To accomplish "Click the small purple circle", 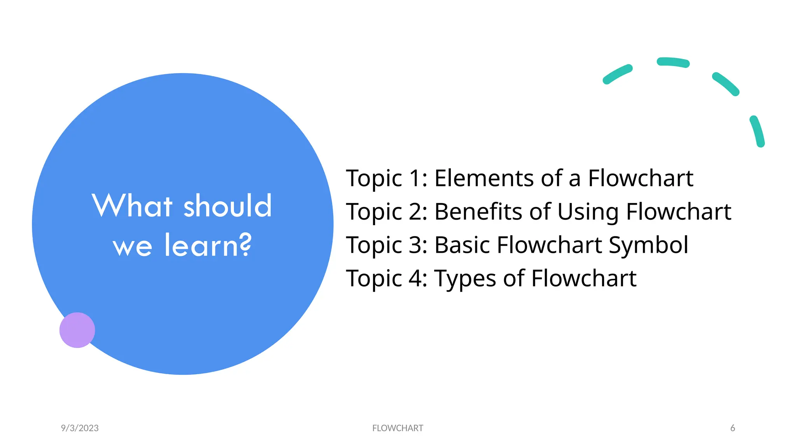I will coord(77,330).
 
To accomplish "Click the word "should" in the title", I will coord(227,206).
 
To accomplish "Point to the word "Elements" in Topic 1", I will coord(484,178).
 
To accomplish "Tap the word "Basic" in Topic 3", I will coord(462,245).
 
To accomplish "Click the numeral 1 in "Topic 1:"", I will coord(415,178).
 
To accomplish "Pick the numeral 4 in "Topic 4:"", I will coord(415,278).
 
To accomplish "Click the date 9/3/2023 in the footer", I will coord(80,428).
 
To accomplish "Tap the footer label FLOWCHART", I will coord(398,428).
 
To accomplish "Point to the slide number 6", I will coord(733,428).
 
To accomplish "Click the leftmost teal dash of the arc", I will coord(617,74).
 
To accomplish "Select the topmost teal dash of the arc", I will coord(673,62).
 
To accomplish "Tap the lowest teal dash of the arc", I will coord(758,131).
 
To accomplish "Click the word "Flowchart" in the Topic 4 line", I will coord(583,278).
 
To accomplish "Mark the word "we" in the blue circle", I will coord(132,247).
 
